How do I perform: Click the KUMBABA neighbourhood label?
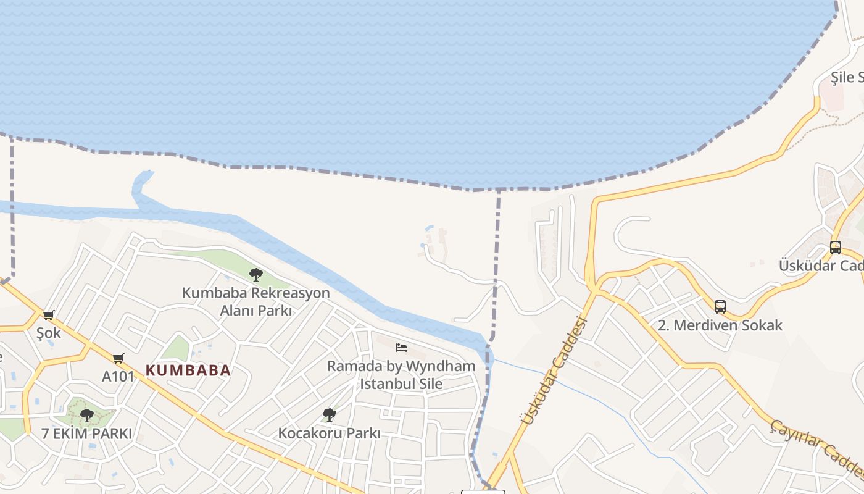click(188, 371)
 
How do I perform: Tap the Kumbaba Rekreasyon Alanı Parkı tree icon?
click(255, 275)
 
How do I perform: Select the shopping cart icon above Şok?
click(49, 315)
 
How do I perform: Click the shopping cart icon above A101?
click(118, 358)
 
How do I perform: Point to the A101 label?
click(118, 376)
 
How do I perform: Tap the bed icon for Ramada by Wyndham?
click(401, 348)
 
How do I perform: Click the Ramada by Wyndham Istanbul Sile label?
click(401, 375)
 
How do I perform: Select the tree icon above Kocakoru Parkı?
click(330, 414)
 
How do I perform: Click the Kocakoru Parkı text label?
click(329, 433)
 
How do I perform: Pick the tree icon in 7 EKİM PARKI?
click(87, 415)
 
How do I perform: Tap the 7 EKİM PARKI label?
click(87, 433)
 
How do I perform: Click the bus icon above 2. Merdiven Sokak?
click(720, 306)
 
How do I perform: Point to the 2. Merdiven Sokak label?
click(720, 325)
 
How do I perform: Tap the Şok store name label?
click(49, 333)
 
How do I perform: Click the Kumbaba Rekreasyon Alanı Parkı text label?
click(255, 301)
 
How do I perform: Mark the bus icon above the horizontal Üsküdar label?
click(836, 248)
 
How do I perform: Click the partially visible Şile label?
click(847, 77)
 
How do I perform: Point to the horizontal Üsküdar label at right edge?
click(821, 266)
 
